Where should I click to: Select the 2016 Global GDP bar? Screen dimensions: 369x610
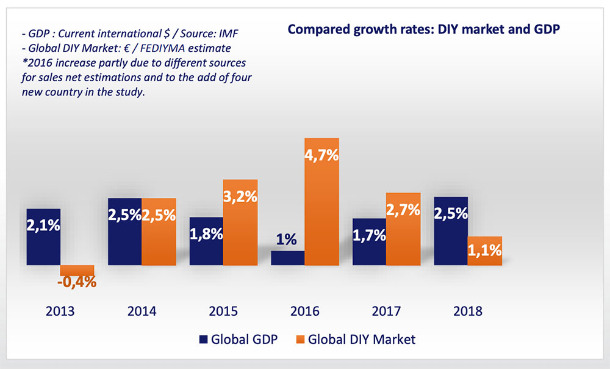tap(288, 258)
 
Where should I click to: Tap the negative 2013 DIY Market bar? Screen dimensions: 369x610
tap(77, 269)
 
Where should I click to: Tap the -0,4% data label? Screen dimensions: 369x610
tap(77, 282)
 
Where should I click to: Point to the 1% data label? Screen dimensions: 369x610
tap(288, 240)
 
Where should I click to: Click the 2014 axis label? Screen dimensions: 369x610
tap(142, 311)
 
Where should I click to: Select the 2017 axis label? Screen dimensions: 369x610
tap(386, 311)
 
